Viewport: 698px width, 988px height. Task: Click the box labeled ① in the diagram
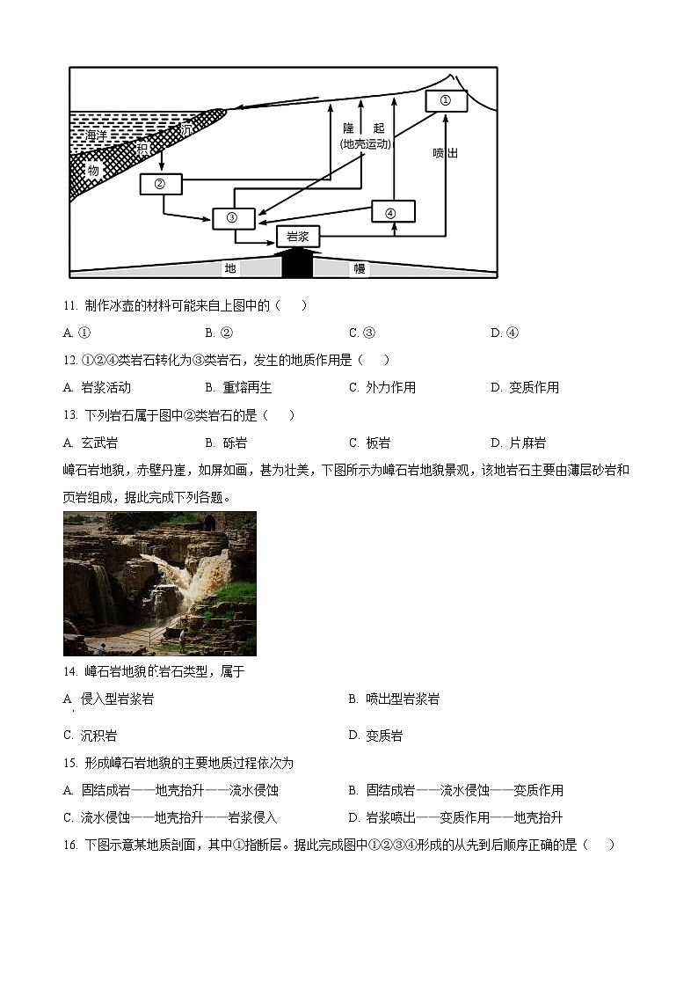446,101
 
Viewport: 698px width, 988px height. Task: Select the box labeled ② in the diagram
160,184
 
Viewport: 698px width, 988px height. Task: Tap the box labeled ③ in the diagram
233,218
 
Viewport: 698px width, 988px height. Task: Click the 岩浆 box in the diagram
298,237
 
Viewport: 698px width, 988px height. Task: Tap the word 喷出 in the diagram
446,152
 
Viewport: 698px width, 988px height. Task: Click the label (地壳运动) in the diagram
365,143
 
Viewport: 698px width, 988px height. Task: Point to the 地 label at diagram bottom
230,268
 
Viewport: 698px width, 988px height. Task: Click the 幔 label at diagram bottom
359,268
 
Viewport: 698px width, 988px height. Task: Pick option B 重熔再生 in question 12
239,387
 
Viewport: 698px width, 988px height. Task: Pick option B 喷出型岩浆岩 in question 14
395,699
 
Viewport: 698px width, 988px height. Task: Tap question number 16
70,845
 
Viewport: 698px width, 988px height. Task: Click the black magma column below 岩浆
297,263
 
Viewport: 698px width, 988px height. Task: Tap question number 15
70,763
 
